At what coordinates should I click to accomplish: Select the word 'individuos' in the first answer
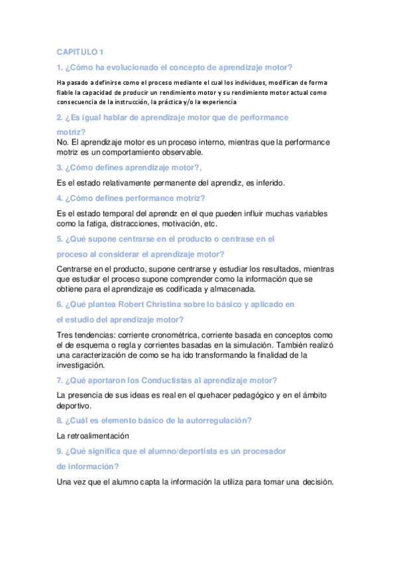pos(248,82)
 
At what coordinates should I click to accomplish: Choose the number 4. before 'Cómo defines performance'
pos(60,198)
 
